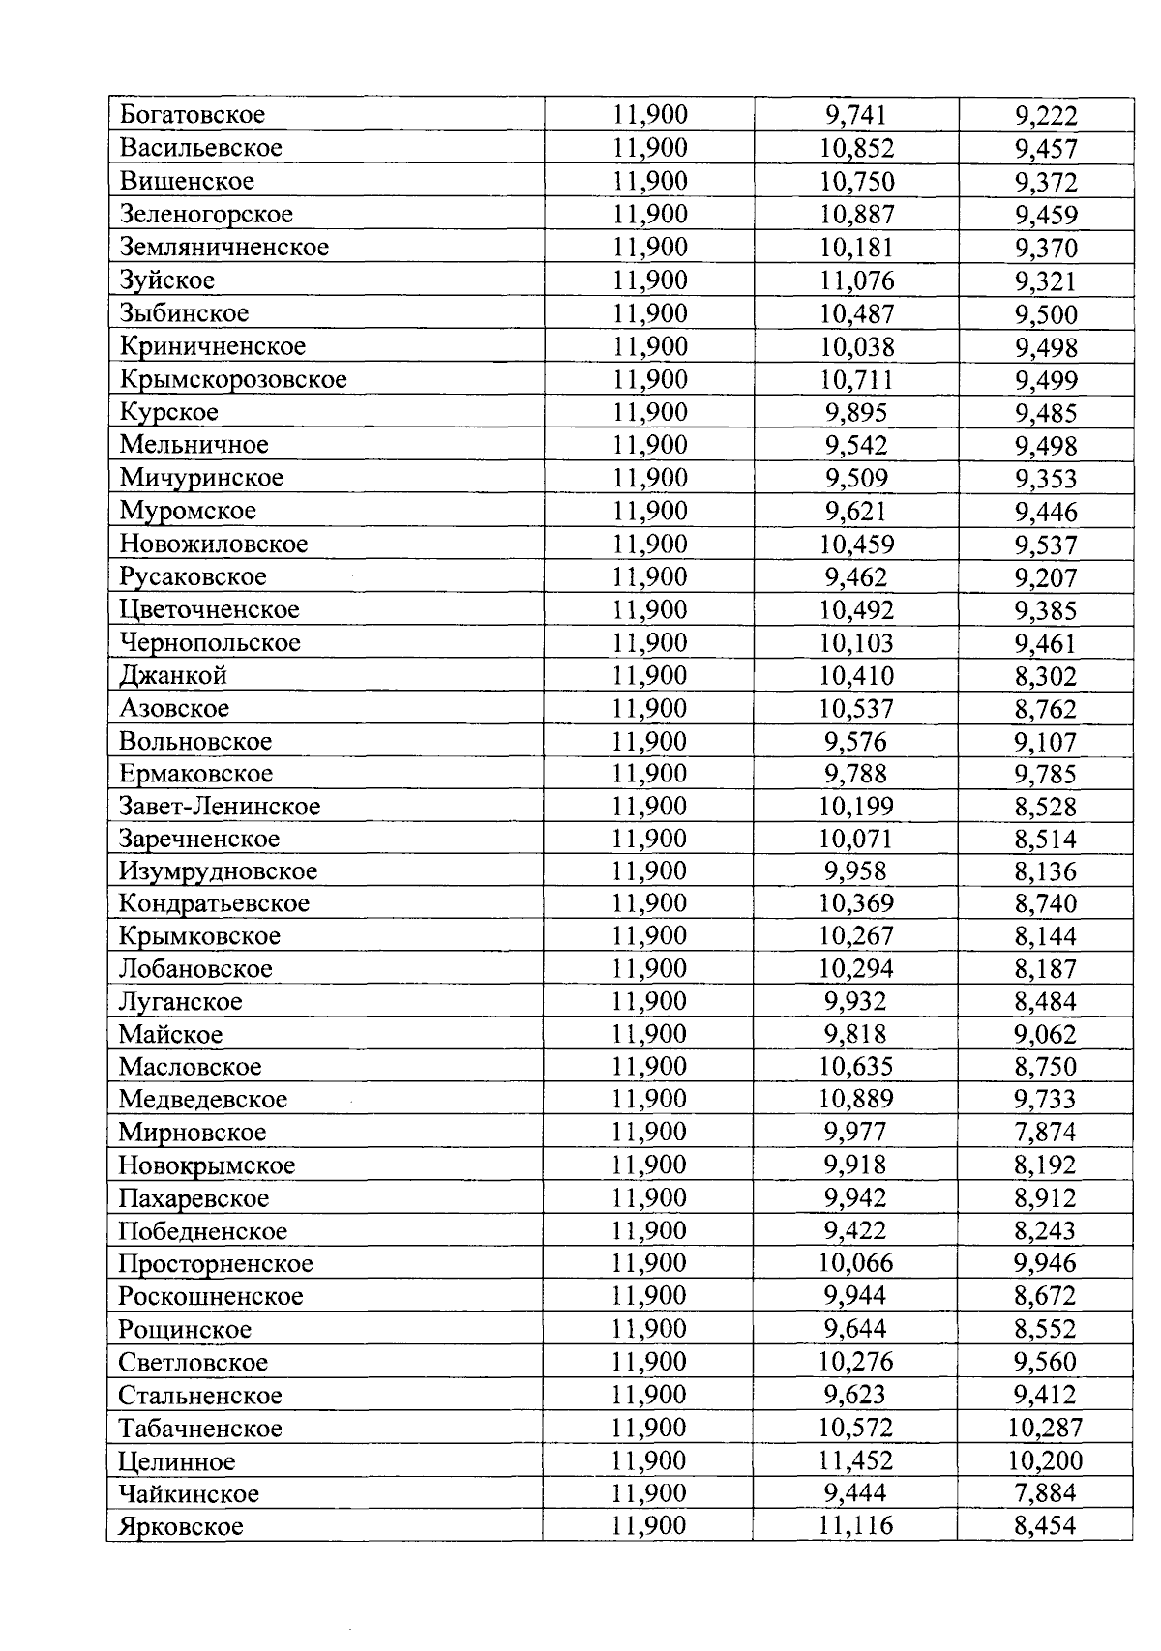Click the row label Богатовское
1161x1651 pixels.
coord(192,115)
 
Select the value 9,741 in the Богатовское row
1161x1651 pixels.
coord(856,116)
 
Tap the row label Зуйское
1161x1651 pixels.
coord(167,280)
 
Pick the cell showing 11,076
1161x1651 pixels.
coord(856,281)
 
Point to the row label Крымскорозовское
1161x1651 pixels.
coord(232,379)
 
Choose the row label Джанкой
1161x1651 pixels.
coord(173,675)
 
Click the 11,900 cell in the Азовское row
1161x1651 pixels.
coord(649,709)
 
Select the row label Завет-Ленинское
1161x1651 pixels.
coord(220,806)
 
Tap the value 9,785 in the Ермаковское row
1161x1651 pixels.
coord(1046,775)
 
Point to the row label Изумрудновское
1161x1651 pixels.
coord(218,871)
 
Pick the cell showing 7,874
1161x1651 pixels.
coord(1045,1133)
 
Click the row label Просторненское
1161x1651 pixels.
coord(216,1264)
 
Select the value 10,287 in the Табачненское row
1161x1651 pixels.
coord(1045,1429)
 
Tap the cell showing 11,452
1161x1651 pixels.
coord(856,1461)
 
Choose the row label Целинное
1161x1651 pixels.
coord(176,1461)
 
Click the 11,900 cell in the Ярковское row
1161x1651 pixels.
coord(648,1526)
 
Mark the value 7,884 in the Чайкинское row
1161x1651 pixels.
coord(1045,1494)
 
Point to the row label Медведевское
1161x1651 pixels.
coord(203,1100)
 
